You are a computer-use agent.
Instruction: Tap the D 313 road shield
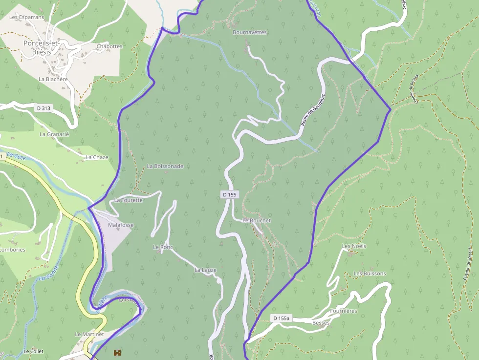pos(44,107)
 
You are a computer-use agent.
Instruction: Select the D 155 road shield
pos(229,194)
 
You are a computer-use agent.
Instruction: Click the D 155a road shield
pos(282,318)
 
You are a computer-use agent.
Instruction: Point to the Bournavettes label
pos(250,32)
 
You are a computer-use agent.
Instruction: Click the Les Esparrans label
pos(27,17)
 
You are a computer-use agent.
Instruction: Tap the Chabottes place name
pos(109,46)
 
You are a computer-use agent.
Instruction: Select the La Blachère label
pos(53,79)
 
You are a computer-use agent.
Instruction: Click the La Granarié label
pos(55,134)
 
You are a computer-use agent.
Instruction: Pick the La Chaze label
pos(97,157)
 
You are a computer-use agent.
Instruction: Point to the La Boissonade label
pos(165,166)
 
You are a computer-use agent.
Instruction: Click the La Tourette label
pos(129,200)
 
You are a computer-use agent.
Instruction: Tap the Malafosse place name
pos(121,225)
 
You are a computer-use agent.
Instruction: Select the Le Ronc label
pos(163,247)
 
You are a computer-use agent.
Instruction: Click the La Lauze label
pos(205,270)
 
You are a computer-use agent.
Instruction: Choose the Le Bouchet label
pos(257,220)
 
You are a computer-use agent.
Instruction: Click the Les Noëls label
pos(354,246)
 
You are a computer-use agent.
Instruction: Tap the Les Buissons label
pos(370,274)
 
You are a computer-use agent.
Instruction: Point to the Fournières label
pos(344,311)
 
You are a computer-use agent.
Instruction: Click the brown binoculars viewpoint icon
pos(117,352)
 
